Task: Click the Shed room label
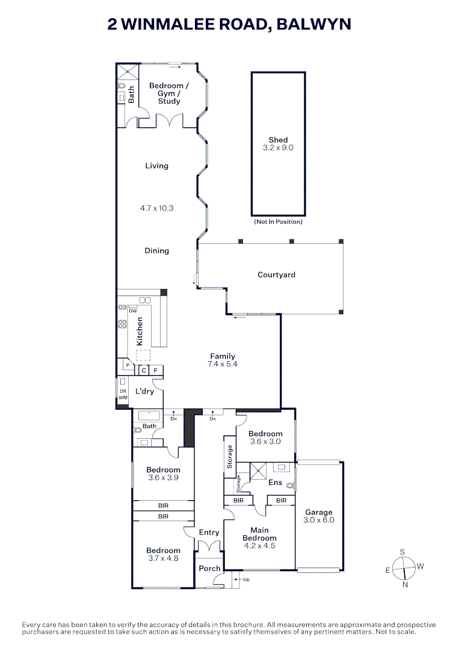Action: point(278,140)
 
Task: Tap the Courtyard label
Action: point(276,275)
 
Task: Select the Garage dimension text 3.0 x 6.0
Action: point(319,520)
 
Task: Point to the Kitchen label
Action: point(140,331)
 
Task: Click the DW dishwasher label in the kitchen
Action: point(133,311)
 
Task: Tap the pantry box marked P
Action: point(128,365)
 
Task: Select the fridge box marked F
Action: point(156,370)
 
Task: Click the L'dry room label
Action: point(144,391)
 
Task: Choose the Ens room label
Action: point(275,483)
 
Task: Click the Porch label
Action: point(209,568)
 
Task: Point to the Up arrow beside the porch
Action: point(239,579)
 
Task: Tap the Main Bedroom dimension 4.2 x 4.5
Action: point(259,545)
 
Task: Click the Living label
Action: point(156,166)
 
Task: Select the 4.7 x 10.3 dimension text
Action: point(156,208)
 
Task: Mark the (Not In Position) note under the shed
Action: point(278,221)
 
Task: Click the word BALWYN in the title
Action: point(313,25)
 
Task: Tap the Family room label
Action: point(223,356)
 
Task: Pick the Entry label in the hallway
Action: point(209,533)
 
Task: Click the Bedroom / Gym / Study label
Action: point(169,93)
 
